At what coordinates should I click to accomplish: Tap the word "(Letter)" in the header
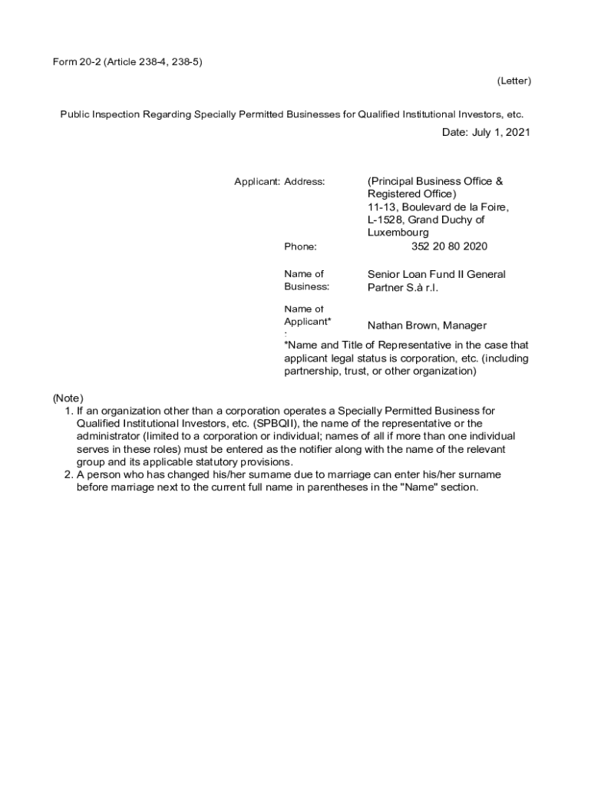point(513,81)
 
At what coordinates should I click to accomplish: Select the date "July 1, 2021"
point(500,133)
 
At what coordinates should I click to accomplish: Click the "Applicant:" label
point(257,182)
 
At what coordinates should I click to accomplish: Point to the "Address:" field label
point(305,182)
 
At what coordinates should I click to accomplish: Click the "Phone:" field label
point(300,246)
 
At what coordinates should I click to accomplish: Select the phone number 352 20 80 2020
point(449,246)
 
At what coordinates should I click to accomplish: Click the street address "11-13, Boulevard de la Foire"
point(437,207)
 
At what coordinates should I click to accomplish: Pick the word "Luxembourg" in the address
point(398,233)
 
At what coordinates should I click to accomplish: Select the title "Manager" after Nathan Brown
point(464,325)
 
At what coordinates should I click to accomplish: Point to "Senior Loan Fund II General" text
point(436,274)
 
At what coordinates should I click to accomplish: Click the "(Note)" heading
point(68,398)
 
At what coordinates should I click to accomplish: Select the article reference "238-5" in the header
point(188,62)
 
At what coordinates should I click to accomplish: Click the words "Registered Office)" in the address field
point(411,194)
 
